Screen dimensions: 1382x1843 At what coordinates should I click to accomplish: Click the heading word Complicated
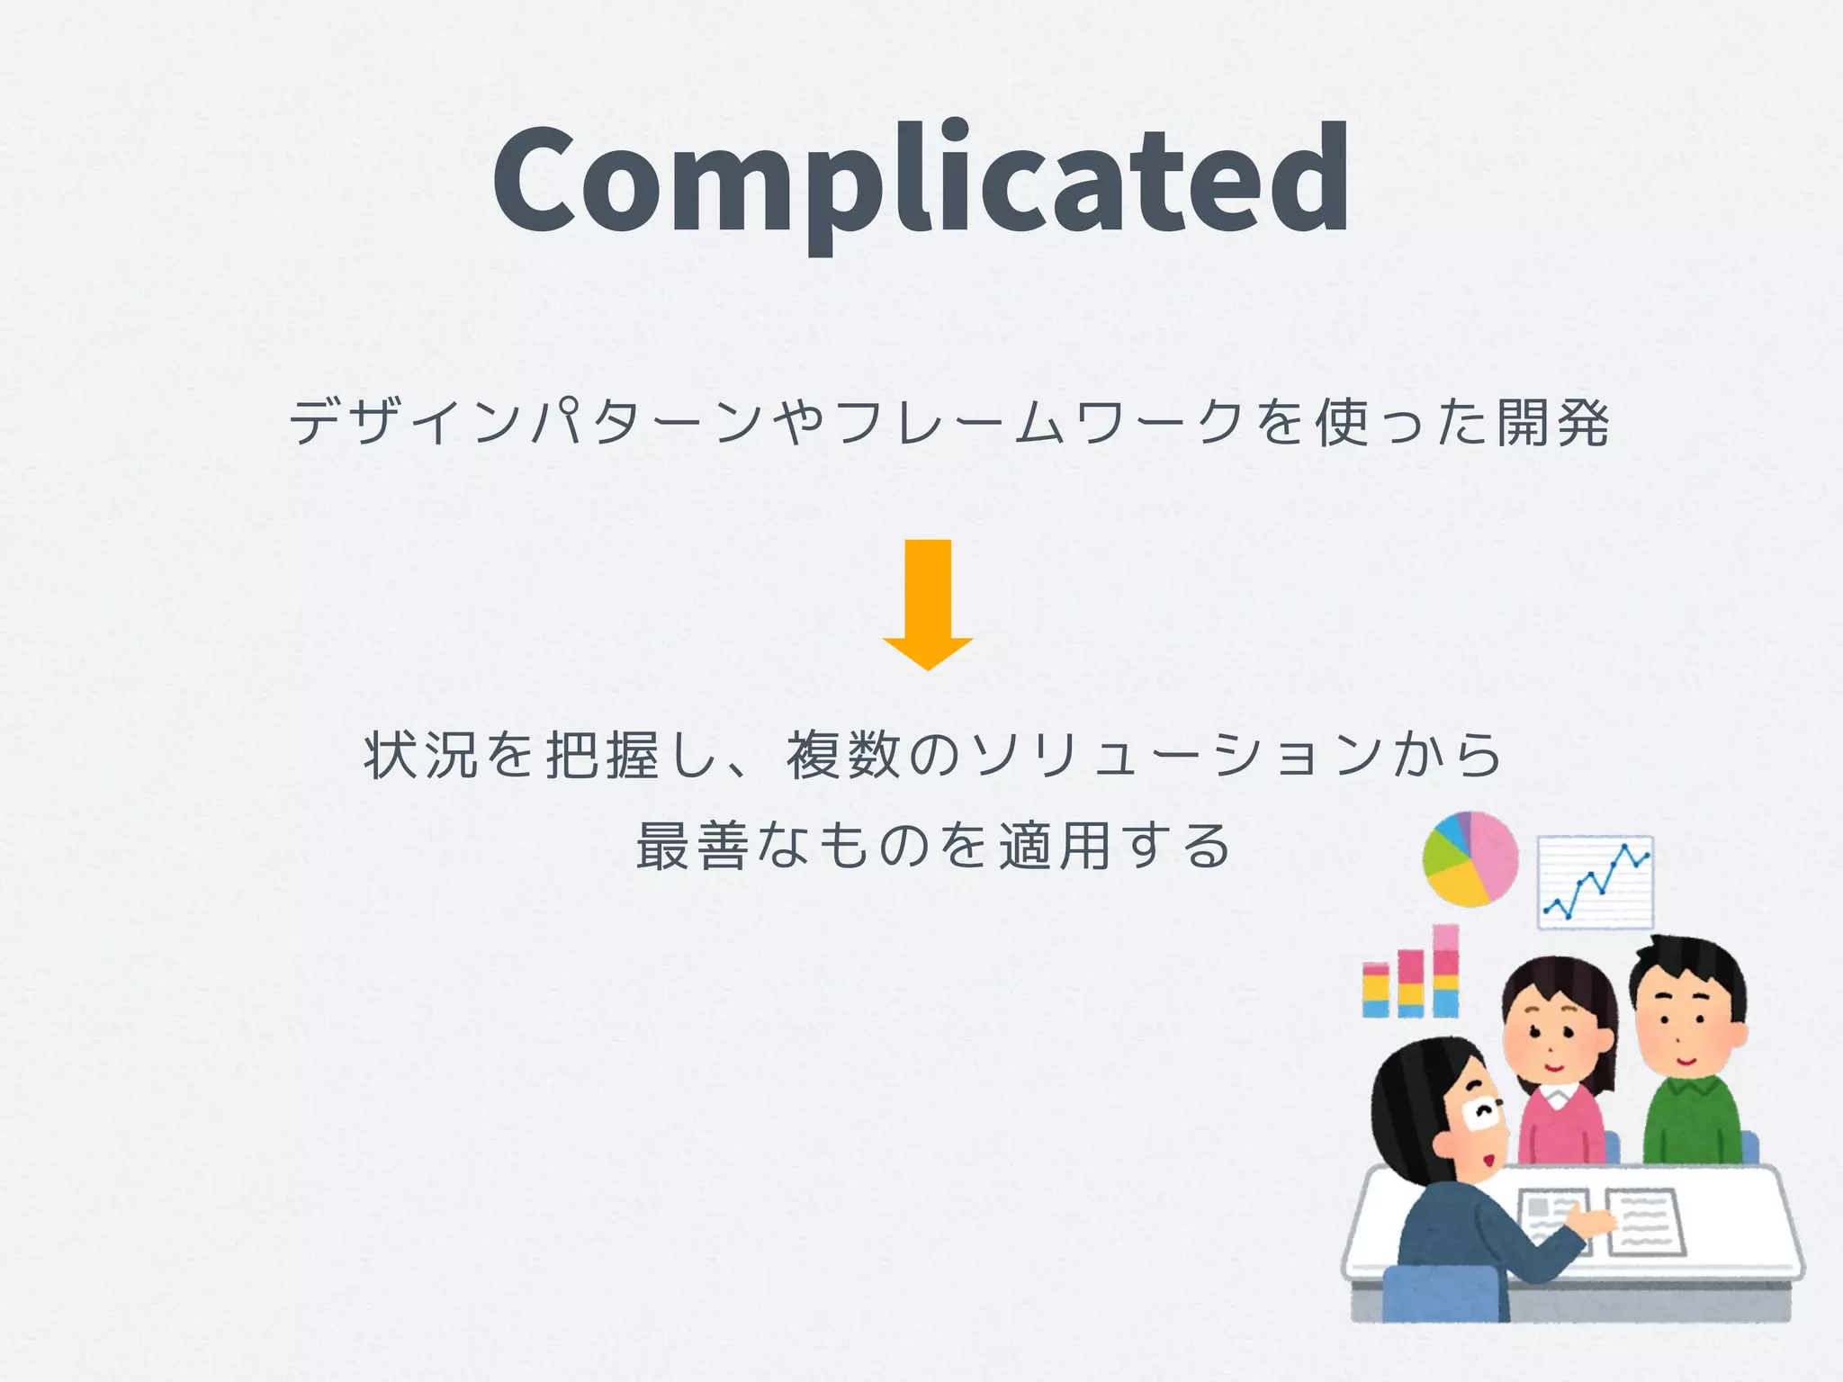point(920,180)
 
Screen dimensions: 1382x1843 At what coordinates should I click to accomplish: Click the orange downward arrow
point(928,604)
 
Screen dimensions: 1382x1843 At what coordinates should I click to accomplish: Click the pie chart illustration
point(1470,858)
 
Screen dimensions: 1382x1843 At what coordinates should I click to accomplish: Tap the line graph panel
point(1595,882)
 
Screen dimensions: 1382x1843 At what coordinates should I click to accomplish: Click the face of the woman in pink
point(1555,1035)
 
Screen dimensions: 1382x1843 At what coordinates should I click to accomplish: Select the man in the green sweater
point(1690,1062)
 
